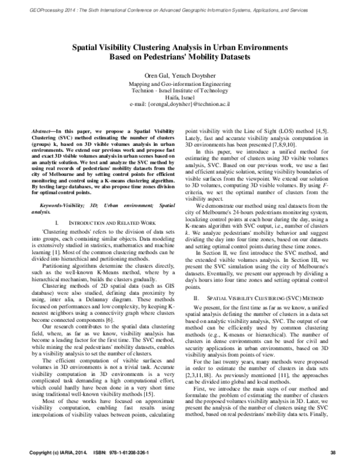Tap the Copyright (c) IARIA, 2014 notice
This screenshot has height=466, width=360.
coord(55,452)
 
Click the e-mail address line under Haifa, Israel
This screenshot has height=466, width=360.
coord(179,104)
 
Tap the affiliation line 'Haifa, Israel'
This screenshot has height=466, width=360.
coord(179,97)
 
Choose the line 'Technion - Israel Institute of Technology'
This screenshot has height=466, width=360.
coord(179,91)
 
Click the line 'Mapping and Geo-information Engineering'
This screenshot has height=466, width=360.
coord(179,84)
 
